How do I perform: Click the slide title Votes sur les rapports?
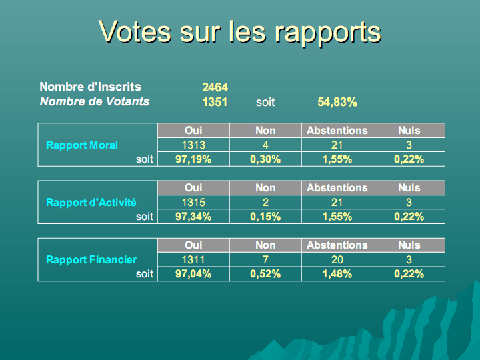239,31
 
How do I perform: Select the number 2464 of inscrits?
215,87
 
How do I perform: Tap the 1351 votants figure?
215,102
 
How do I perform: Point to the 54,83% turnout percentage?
337,102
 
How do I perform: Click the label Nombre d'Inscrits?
90,87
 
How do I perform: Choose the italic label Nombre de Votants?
95,101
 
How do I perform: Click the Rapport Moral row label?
82,145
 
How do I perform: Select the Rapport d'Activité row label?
91,202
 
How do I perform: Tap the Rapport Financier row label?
91,259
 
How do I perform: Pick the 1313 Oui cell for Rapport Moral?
193,145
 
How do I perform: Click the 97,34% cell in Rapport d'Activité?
193,216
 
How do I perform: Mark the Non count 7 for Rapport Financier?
265,259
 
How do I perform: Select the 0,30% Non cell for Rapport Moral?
265,159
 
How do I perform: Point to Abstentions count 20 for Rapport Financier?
337,259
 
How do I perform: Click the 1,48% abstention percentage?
337,273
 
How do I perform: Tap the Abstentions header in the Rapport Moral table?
337,131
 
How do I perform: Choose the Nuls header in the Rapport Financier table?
409,245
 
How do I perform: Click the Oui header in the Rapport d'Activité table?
193,188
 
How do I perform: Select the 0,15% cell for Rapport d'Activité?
265,216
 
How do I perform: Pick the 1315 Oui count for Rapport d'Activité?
193,202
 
